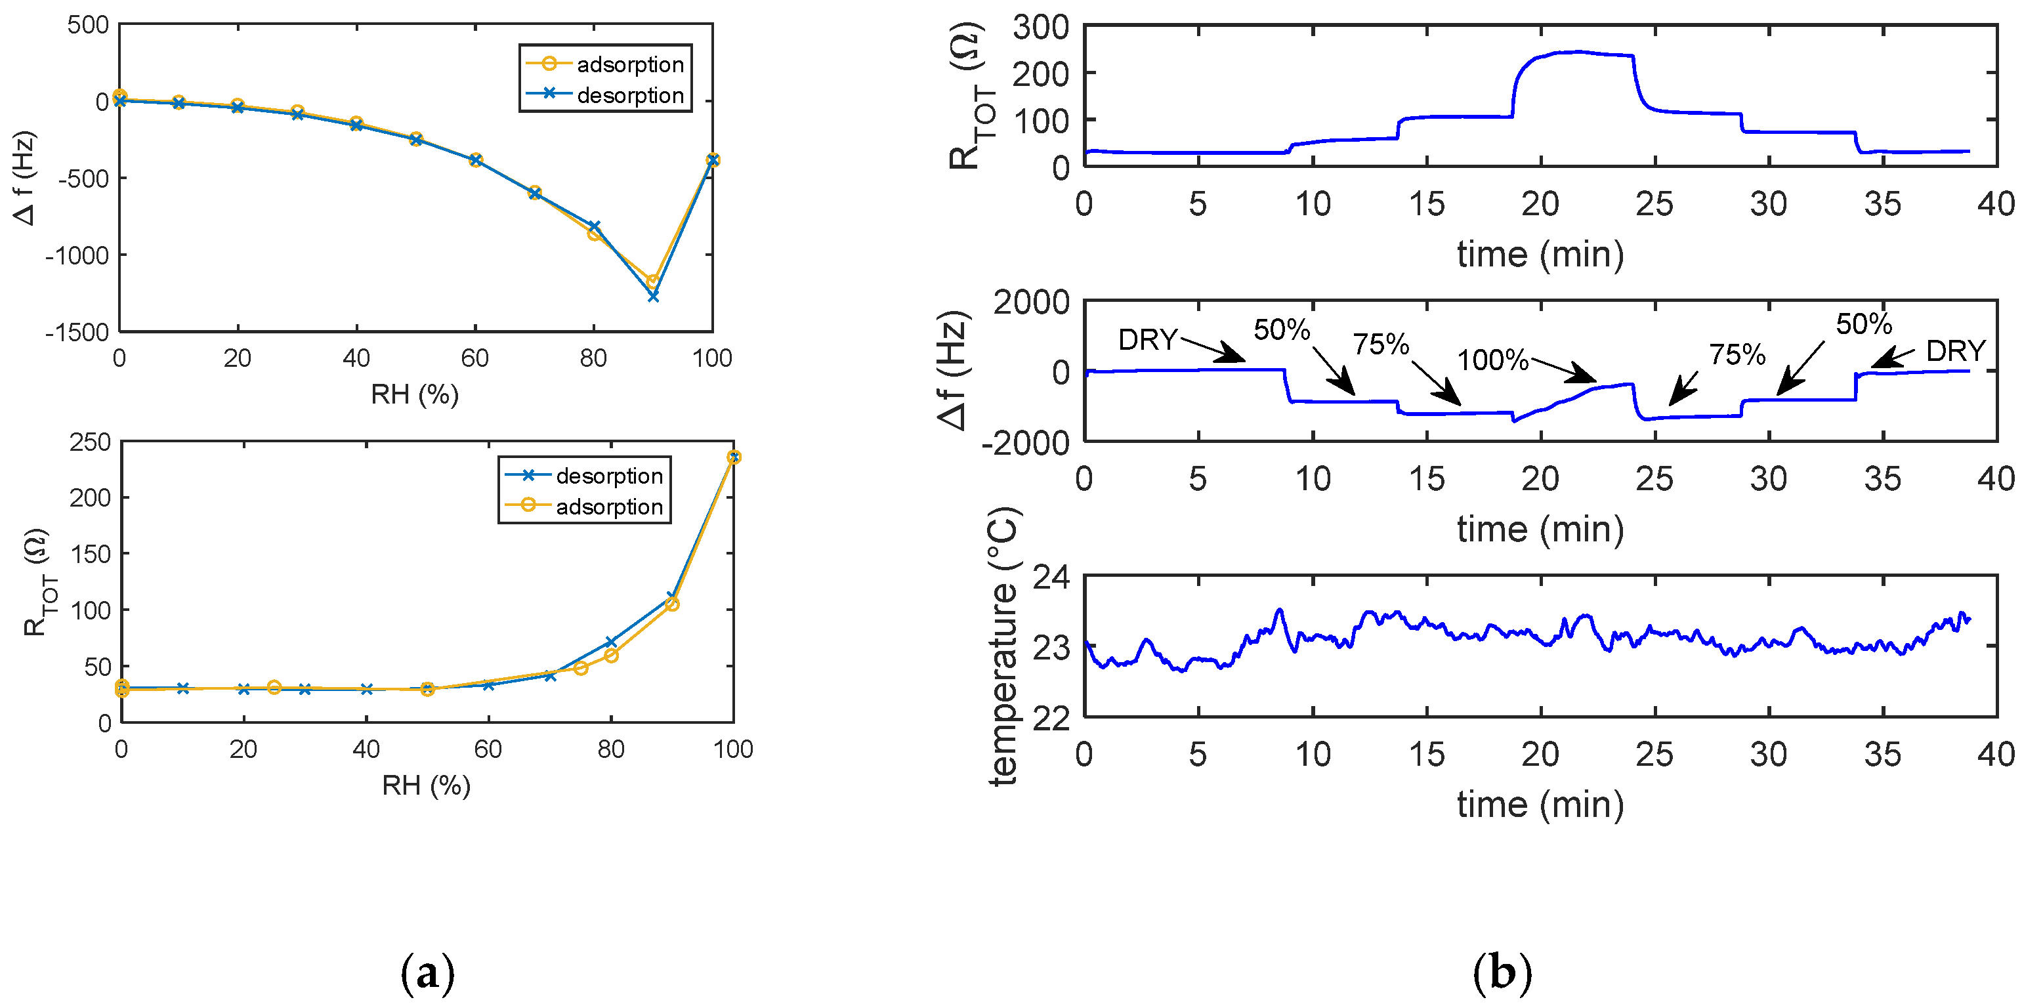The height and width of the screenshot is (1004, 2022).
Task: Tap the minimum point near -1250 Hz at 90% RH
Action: [x=653, y=296]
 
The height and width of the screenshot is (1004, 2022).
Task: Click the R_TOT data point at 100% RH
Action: [x=734, y=457]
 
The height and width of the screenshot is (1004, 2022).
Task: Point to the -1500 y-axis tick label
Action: [x=76, y=332]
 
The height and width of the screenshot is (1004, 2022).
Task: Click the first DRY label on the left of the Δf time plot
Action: [x=1148, y=340]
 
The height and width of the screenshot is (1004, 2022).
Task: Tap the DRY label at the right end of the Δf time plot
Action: [x=1955, y=351]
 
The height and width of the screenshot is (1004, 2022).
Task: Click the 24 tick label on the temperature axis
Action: [x=1050, y=577]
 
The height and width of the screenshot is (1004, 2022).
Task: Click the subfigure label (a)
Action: [x=427, y=973]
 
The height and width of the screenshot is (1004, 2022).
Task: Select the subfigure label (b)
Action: [x=1502, y=973]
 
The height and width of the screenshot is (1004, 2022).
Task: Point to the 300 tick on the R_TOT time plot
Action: [x=1040, y=28]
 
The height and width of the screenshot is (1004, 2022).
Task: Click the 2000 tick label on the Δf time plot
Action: [x=1030, y=303]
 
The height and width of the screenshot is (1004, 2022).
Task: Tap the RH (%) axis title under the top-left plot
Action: [x=415, y=394]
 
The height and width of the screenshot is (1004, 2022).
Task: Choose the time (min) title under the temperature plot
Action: [x=1540, y=805]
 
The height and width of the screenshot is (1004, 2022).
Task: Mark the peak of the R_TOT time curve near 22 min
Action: [x=1578, y=52]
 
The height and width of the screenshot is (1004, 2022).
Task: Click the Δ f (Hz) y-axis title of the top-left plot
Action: [x=24, y=178]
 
